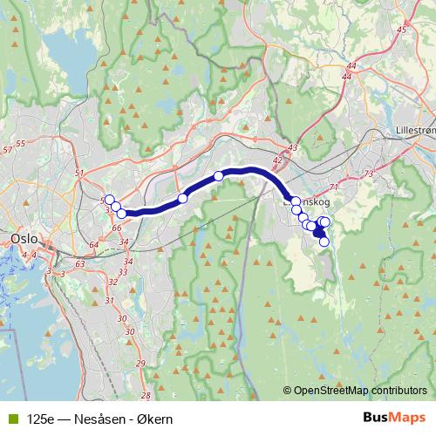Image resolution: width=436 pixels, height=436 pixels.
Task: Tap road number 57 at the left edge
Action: pyautogui.click(x=8, y=151)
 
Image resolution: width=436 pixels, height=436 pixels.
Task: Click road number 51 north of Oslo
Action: pyautogui.click(x=79, y=174)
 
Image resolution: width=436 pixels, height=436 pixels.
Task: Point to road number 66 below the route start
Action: pyautogui.click(x=116, y=228)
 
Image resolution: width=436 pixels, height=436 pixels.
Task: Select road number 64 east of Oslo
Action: pyautogui.click(x=93, y=245)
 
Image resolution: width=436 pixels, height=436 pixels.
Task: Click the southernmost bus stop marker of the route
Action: pyautogui.click(x=324, y=242)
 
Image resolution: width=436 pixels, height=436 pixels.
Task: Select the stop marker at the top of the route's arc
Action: pyautogui.click(x=218, y=175)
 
